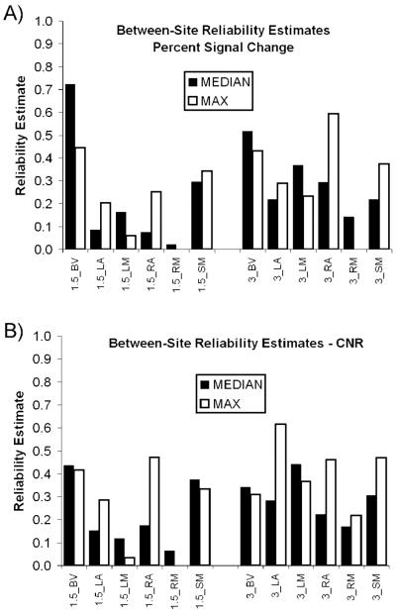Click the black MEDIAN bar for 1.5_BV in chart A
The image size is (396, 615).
(x=70, y=166)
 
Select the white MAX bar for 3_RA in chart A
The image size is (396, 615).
(x=334, y=181)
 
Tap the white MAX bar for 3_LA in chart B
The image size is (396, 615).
(x=281, y=494)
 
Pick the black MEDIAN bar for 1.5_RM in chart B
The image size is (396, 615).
(x=169, y=559)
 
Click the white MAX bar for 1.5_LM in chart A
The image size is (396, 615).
(x=131, y=242)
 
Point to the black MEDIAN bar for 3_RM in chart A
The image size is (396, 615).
(x=348, y=233)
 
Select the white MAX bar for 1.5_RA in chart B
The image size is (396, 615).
(x=154, y=511)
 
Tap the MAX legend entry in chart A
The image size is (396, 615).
(x=208, y=101)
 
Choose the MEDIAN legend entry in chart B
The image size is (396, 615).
(x=231, y=384)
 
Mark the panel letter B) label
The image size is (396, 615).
(x=13, y=331)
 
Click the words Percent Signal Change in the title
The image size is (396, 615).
(x=223, y=48)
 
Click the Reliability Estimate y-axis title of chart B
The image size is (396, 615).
(x=19, y=451)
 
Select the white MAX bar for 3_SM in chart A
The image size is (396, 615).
(x=384, y=206)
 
